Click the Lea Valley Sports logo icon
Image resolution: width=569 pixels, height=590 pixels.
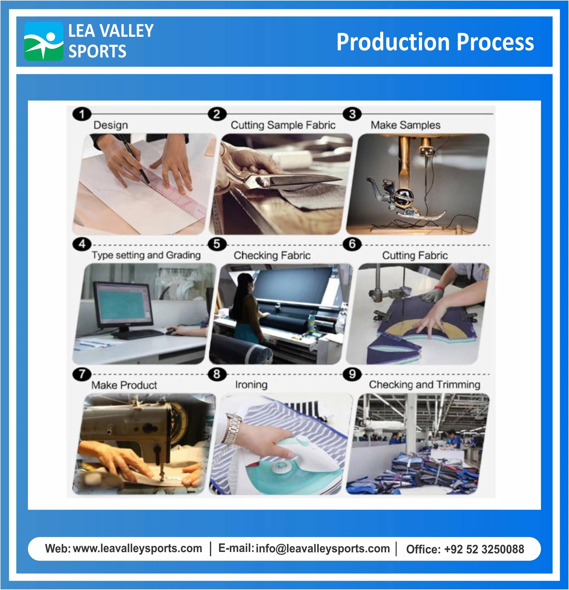44,41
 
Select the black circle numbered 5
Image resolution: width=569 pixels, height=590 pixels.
217,244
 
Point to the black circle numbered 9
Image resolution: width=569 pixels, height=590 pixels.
352,374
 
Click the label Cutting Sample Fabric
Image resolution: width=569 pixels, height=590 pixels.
283,125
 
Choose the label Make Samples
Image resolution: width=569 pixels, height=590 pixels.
405,125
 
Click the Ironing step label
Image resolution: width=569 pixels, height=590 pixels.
251,385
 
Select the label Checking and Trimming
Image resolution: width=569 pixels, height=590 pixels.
425,385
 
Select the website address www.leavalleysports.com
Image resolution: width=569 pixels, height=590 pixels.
138,548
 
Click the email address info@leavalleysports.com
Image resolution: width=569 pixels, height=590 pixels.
323,548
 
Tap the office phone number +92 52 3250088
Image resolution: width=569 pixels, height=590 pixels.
484,549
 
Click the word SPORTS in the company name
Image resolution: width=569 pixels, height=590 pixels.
97,51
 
